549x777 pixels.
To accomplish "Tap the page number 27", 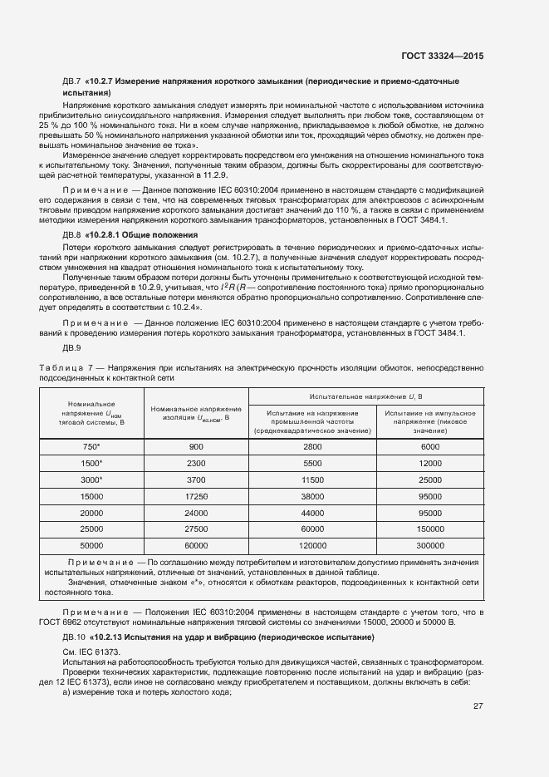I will tap(478, 706).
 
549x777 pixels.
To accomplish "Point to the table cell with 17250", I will tap(196, 496).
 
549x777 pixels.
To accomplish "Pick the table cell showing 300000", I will tap(429, 545).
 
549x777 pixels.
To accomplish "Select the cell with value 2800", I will tap(312, 446).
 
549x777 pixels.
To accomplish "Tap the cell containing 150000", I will tap(429, 529).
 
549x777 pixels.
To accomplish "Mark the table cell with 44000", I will tap(312, 513).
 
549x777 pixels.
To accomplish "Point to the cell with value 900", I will tap(196, 446).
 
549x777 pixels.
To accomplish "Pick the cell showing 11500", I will tap(312, 479).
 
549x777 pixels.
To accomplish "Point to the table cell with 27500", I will tap(196, 529).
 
